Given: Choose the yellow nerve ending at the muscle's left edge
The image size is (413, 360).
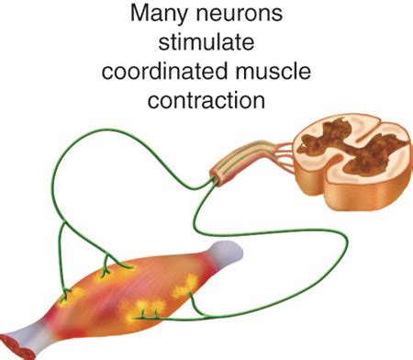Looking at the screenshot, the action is click(66, 296).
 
